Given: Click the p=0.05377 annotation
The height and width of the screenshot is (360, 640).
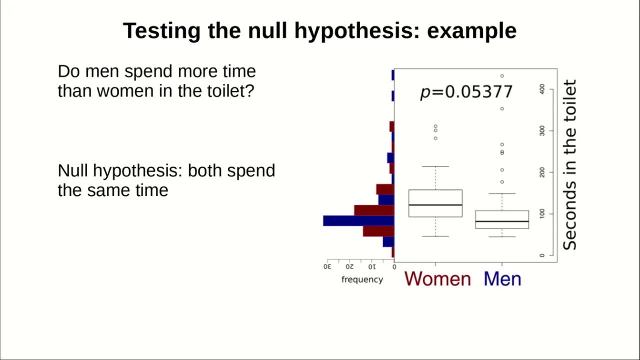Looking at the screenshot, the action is pos(466,92).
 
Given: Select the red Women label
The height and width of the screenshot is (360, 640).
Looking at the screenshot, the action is pos(437,279).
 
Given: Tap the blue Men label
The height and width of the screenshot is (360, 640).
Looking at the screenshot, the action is pos(502,279).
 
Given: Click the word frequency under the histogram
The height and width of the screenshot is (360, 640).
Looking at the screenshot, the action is pos(362,279).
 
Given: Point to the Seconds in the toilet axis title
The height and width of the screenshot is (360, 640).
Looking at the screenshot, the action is pos(569,165).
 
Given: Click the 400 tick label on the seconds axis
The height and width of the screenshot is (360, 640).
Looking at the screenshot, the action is pos(542,89).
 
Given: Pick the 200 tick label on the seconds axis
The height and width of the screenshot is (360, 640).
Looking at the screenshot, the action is pos(542,172).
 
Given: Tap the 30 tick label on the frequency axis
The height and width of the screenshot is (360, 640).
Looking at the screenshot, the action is pos(327,266).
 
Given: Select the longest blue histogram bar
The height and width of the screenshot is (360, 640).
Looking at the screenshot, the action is pos(358,221).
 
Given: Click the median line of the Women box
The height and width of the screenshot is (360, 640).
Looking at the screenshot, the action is pos(435,205).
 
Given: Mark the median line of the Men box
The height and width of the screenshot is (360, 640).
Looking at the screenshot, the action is pos(502,221).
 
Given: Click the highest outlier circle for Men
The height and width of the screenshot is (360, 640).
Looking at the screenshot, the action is pos(502,76).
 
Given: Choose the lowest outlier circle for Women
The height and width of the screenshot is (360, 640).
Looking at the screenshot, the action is pos(435,138).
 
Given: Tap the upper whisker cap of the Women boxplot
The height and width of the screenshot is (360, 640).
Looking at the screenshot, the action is pos(435,166).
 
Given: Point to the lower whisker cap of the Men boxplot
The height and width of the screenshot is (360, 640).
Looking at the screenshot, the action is pos(502,237).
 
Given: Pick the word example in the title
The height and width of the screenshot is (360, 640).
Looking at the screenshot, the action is pos(471,31).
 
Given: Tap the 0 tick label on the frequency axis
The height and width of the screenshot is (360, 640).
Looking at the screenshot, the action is pos(394,267).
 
